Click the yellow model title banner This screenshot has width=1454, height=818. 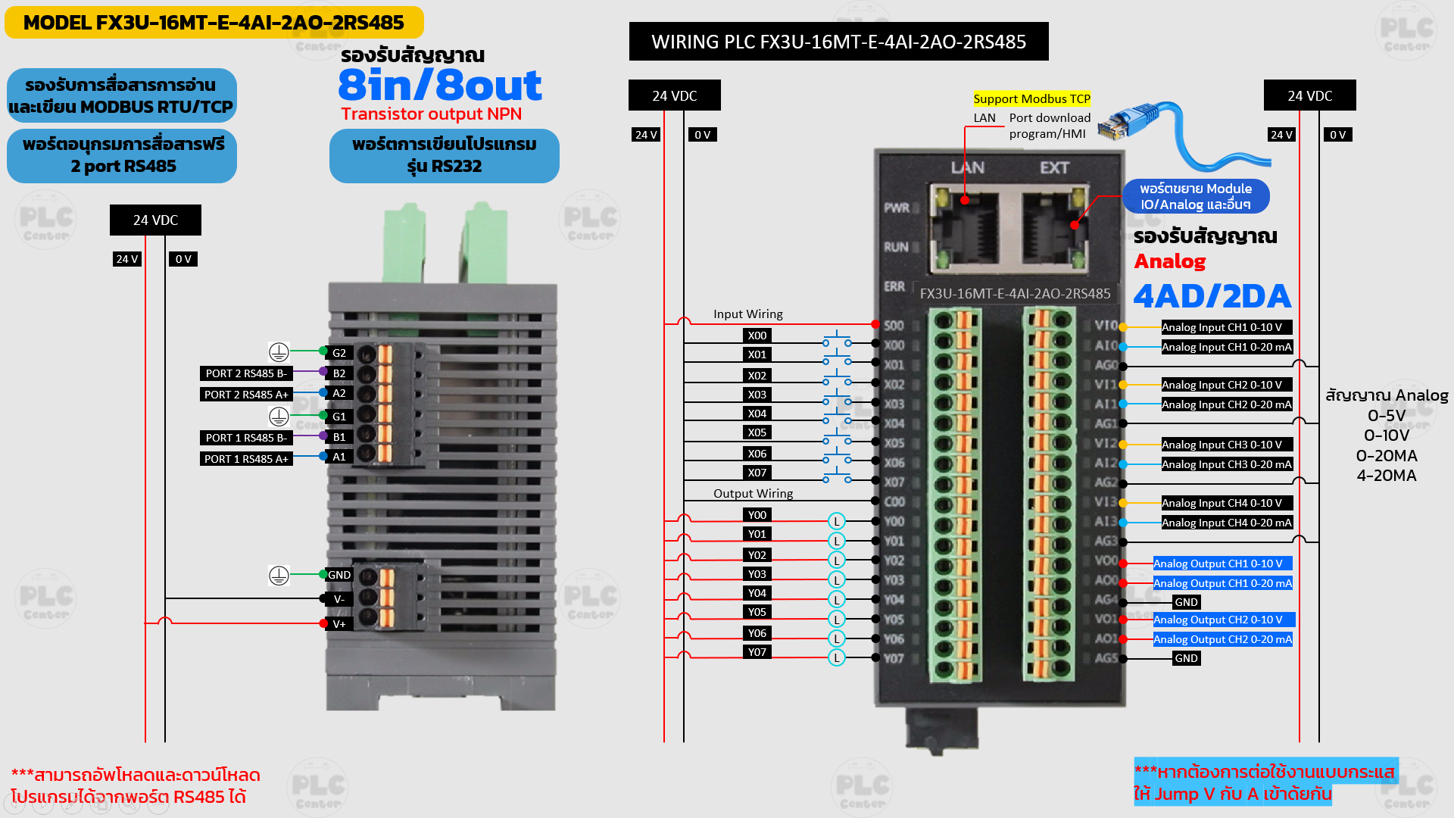[214, 23]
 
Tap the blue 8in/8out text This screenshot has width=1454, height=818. [439, 85]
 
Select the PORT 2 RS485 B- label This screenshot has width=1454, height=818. [245, 373]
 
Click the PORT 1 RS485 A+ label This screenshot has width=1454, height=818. [245, 459]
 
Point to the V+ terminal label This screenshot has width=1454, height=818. [339, 624]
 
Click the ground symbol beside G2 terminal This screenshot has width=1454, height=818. [279, 352]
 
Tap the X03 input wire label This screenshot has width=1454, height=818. [757, 395]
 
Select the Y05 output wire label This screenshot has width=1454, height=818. [757, 612]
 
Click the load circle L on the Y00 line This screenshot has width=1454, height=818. [836, 521]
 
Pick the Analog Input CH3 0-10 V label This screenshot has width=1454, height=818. [1222, 445]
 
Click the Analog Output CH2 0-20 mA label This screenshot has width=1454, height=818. [1222, 639]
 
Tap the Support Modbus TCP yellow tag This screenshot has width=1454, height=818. [1031, 98]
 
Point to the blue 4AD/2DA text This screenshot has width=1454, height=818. [1212, 296]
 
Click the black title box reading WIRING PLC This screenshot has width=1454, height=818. [838, 42]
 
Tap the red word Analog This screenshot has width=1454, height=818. [1169, 261]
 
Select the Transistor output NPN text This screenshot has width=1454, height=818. [431, 114]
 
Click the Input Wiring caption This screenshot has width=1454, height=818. [747, 314]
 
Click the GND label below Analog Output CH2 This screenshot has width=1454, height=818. [1186, 658]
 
